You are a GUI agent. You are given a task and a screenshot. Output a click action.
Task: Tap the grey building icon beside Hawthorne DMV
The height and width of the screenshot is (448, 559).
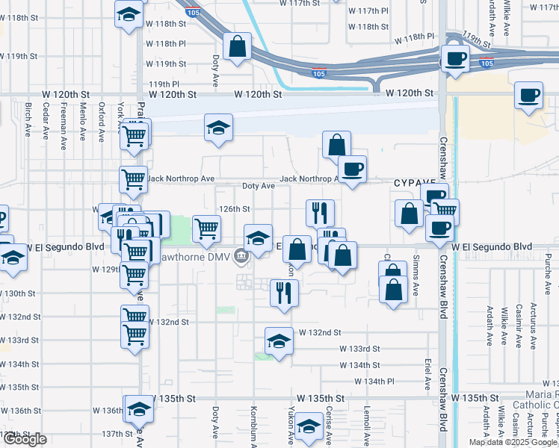coord(241,257)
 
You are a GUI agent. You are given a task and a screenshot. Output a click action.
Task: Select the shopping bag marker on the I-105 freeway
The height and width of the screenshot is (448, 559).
coord(237,47)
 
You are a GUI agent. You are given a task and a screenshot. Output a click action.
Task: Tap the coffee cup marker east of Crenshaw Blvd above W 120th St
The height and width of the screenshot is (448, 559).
coord(528,96)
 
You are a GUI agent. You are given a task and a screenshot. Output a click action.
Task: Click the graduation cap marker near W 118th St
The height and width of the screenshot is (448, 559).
coord(129,14)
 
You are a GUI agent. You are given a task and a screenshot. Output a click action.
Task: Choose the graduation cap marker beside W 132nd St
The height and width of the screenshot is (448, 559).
coord(279,340)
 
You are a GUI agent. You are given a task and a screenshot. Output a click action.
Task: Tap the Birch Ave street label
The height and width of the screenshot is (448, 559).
coord(28,120)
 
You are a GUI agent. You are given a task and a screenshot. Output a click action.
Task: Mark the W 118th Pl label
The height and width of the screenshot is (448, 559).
coord(167,44)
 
